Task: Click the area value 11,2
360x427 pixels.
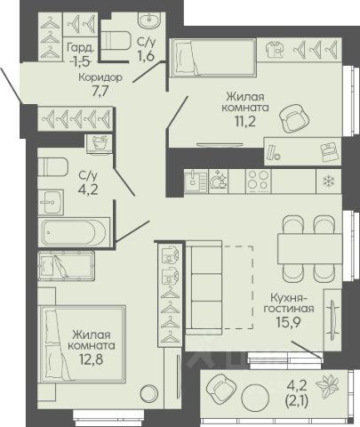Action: coord(245,121)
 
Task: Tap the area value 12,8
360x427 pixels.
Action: coord(91,359)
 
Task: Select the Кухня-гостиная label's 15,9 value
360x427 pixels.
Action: coord(289,322)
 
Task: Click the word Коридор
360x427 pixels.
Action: coord(100,77)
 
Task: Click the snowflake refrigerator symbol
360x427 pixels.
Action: coord(329,181)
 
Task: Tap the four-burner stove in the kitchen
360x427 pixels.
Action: coord(259,181)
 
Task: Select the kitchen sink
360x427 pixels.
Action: coord(196,181)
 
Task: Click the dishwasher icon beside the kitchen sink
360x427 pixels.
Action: coord(218,181)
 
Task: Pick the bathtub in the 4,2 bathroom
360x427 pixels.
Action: coord(74,232)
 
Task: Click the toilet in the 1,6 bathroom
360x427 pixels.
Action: coord(116,41)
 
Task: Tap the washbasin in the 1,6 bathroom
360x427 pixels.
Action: coord(148,20)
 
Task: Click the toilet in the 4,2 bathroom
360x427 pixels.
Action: coord(53,166)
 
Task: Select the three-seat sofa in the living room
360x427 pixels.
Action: coord(204,288)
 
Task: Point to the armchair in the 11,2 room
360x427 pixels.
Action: coord(294,119)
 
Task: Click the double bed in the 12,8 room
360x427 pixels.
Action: coord(83,344)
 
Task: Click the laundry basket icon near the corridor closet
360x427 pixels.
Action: coord(100,143)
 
